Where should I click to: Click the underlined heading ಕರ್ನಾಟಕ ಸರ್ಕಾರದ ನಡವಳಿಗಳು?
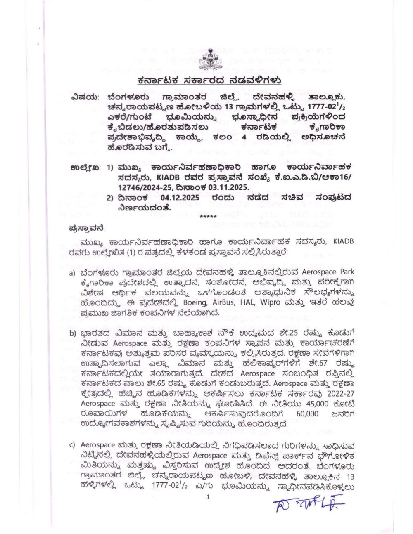click(x=209, y=80)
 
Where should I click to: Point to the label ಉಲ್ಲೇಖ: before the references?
click(x=85, y=168)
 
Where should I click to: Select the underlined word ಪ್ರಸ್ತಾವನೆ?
click(x=86, y=227)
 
